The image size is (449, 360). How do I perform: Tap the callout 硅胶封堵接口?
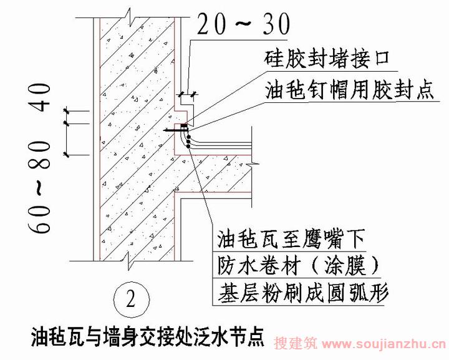click(326, 60)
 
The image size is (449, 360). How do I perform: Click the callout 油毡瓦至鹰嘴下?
click(291, 239)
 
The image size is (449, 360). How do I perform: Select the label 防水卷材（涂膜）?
click(298, 266)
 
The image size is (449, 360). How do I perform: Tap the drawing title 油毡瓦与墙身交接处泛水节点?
click(147, 337)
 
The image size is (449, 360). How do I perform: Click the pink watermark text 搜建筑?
click(296, 343)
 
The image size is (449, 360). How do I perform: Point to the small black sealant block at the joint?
click(184, 125)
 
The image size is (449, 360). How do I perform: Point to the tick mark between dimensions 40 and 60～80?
click(67, 124)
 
